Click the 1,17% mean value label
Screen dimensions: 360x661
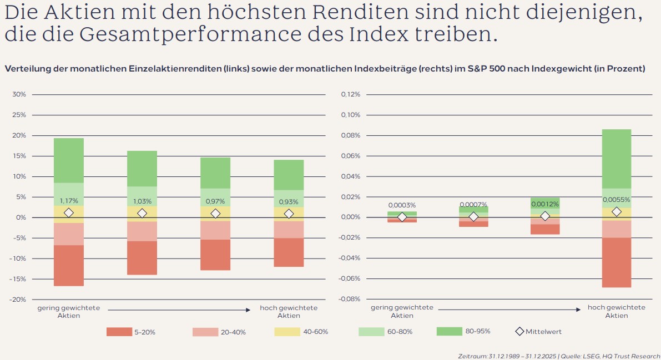click(69, 201)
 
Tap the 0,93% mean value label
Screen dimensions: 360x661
click(289, 201)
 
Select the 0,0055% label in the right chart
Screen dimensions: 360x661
click(617, 199)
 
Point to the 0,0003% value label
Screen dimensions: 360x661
click(402, 205)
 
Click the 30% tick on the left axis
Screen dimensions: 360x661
click(19, 95)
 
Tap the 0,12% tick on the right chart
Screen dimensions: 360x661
click(350, 95)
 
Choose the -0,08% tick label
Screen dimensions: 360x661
click(349, 300)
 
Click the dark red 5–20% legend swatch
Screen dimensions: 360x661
click(119, 332)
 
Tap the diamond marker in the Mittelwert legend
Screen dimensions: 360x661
click(519, 332)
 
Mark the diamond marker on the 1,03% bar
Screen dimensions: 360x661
click(142, 213)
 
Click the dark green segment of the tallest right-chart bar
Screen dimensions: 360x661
click(617, 159)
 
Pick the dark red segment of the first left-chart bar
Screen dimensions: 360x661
click(69, 266)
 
